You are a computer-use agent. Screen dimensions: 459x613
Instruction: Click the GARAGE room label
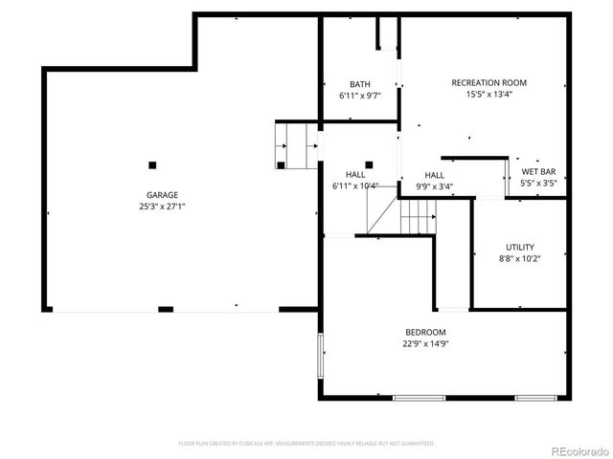coord(161,194)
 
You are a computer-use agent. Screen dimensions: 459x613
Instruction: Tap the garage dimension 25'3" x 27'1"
coord(161,206)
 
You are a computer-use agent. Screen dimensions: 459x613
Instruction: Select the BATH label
coord(359,84)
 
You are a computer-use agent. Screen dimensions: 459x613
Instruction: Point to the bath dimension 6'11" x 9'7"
coord(359,97)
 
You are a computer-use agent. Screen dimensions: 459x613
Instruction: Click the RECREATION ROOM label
coord(488,82)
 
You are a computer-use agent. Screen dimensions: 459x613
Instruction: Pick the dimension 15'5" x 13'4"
coord(488,94)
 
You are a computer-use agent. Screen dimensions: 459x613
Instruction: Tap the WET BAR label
coord(537,172)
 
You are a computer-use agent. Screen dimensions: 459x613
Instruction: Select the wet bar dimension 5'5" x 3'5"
coord(537,183)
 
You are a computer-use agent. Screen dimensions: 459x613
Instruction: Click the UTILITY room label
coord(520,247)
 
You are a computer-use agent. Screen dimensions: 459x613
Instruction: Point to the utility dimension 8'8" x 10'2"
coord(520,258)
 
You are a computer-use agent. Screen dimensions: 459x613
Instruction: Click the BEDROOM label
coord(425,332)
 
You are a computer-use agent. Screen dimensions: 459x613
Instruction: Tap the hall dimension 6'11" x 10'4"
coord(354,186)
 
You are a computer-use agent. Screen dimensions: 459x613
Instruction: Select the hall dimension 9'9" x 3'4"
coord(434,186)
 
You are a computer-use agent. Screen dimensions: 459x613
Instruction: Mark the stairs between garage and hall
coord(296,145)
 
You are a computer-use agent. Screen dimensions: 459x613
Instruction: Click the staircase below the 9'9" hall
coord(418,215)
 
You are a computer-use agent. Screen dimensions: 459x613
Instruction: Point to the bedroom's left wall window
coord(320,355)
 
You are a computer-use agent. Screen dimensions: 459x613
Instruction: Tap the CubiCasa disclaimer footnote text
coord(306,444)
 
